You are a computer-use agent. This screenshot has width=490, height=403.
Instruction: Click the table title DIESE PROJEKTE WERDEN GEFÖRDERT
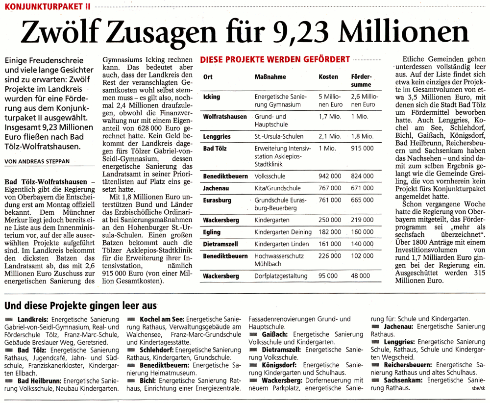coord(275,59)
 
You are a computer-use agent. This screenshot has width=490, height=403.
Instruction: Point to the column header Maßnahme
coord(270,77)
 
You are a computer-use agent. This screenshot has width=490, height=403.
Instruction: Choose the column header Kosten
coord(328,77)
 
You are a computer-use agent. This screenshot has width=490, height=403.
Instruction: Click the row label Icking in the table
coord(212,97)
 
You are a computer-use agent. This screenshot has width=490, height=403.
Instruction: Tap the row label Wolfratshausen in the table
coord(225,117)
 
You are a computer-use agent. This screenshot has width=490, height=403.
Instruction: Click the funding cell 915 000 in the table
coord(362,148)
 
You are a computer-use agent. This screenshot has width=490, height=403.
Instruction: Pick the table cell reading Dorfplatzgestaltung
coord(281,276)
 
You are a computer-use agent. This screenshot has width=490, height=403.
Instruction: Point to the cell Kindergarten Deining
coord(283,232)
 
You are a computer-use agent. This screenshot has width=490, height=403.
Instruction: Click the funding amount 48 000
coord(361,276)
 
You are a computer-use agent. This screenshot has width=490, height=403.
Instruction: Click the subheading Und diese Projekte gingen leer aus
coord(80,306)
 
